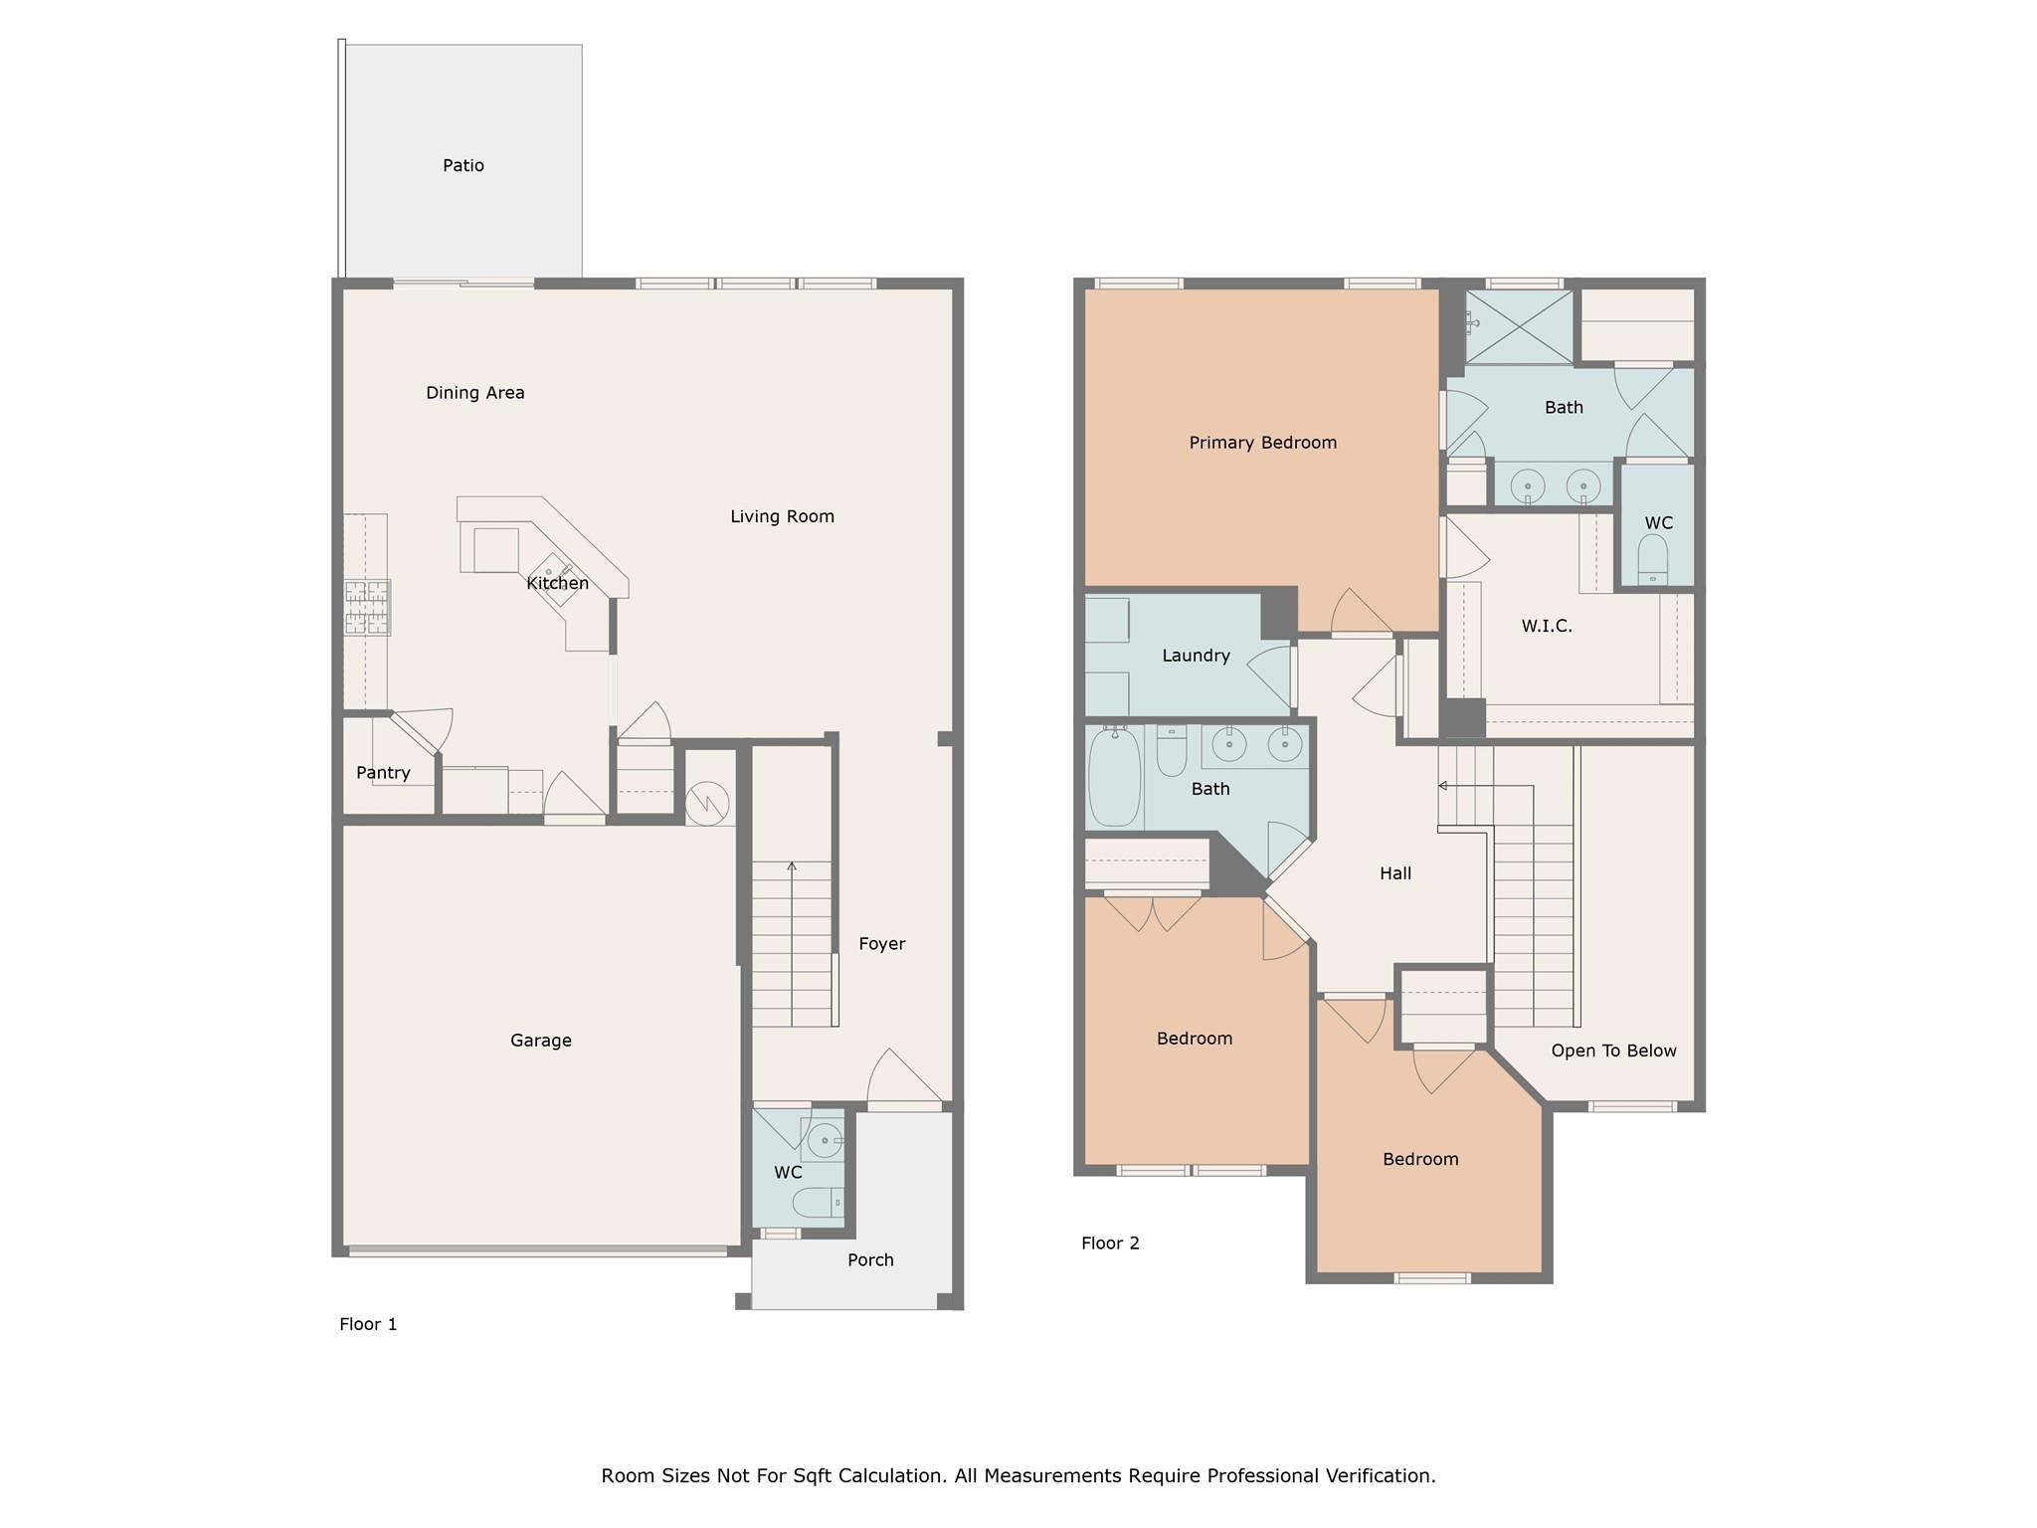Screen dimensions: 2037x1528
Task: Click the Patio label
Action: [463, 165]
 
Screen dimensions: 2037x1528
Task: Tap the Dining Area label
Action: [475, 393]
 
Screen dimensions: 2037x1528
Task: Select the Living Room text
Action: [783, 516]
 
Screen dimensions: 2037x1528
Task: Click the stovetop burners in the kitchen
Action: [367, 607]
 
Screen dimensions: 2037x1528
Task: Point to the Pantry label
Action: [383, 773]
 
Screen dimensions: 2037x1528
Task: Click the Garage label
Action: [541, 1041]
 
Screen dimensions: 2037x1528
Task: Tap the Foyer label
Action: [882, 944]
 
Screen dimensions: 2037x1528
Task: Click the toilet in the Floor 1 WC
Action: [819, 1204]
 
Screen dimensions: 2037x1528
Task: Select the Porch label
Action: [870, 1260]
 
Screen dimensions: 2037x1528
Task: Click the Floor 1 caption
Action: [368, 1324]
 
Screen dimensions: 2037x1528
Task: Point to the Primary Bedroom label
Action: [1263, 443]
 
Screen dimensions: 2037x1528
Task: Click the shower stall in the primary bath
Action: [1519, 325]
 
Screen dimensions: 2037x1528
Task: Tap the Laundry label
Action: [1197, 656]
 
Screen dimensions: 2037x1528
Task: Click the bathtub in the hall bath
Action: [1114, 777]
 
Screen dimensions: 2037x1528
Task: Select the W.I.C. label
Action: [1547, 626]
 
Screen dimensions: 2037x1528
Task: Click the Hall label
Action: [1395, 873]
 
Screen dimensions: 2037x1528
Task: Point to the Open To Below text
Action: [1613, 1050]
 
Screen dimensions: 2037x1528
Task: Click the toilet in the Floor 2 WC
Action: [1652, 560]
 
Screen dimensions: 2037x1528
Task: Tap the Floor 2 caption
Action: [1110, 1242]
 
